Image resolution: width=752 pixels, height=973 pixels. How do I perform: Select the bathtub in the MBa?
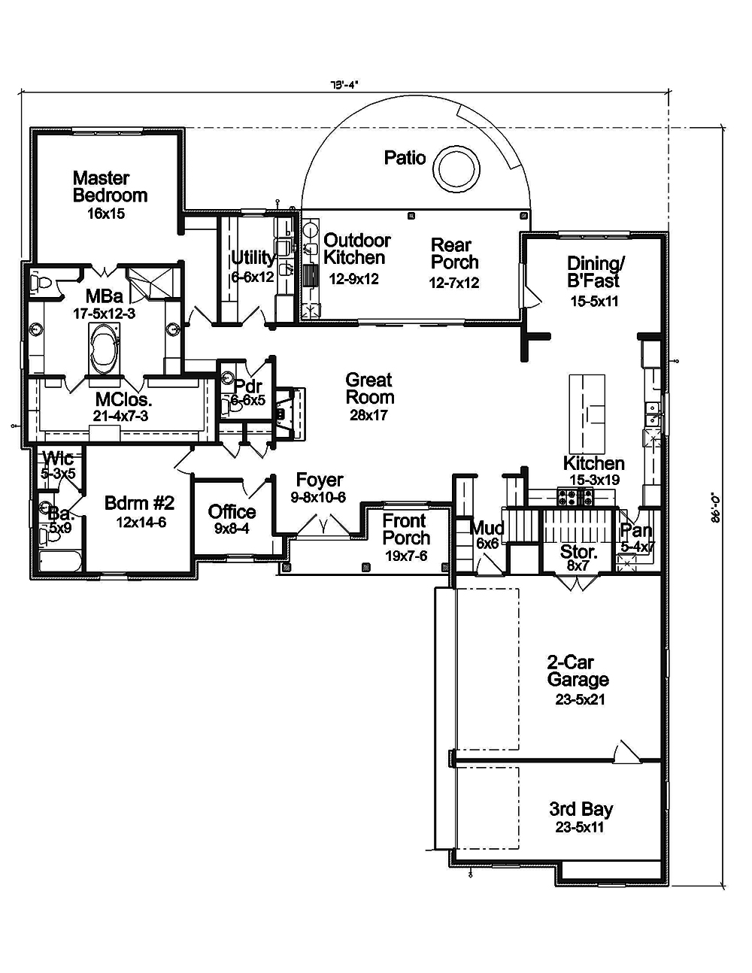pos(109,348)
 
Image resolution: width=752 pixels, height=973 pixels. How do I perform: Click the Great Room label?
pos(369,389)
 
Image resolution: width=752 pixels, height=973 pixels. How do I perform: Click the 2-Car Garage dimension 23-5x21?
pos(577,699)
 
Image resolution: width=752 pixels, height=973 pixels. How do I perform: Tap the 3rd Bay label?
pos(581,809)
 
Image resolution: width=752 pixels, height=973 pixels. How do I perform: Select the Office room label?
pos(232,512)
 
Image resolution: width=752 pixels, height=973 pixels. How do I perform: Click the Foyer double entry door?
pos(322,527)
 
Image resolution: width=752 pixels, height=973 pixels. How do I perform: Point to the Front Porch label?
pos(406,529)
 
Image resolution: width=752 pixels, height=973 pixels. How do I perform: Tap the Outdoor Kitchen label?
pos(356,249)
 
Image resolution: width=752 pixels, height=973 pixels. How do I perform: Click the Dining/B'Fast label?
pos(593,271)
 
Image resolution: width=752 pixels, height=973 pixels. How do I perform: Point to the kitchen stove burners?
pos(575,496)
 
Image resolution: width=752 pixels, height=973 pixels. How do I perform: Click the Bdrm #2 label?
pos(140,503)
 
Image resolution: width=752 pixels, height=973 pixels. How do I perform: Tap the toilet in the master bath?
pos(41,283)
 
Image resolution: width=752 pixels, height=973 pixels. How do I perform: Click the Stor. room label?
pos(578,553)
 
